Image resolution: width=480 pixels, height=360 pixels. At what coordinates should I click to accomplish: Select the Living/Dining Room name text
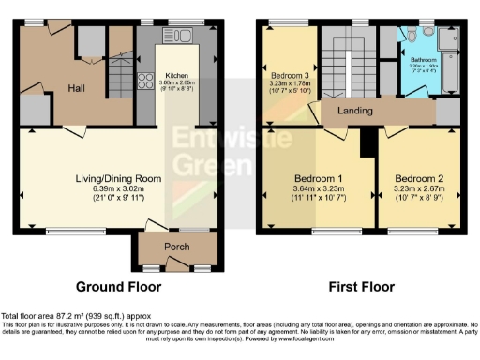[x=119, y=177]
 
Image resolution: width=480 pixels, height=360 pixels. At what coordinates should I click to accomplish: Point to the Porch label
[x=177, y=247]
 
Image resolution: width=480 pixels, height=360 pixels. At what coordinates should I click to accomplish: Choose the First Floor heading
[x=361, y=287]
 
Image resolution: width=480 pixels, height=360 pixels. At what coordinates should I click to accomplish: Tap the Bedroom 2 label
[x=418, y=178]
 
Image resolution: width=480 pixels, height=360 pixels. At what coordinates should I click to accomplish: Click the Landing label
[x=355, y=111]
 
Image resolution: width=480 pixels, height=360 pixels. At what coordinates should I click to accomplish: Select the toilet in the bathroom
[x=411, y=36]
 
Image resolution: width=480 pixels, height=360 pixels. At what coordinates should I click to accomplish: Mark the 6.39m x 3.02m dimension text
[x=119, y=188]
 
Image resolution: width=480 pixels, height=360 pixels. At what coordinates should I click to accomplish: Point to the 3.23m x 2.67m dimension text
[x=418, y=189]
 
